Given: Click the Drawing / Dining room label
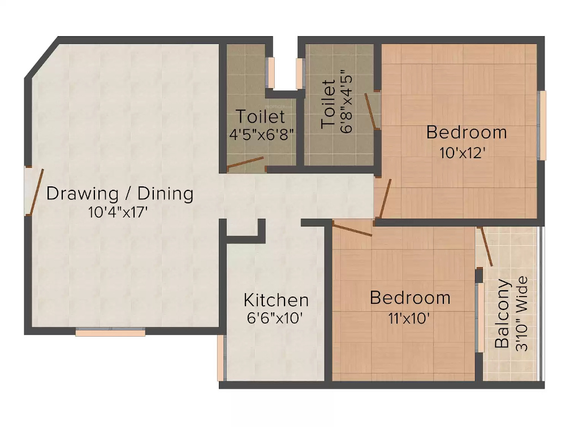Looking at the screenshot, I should tap(120, 194).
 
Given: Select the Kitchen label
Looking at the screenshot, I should tap(276, 299).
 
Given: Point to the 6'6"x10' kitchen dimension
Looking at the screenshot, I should tap(275, 318).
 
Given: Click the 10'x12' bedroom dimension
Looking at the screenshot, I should tap(463, 152).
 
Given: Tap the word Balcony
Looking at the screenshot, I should tap(503, 314).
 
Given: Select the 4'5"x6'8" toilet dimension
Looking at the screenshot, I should tap(260, 135).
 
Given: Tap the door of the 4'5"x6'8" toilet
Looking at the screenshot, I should tap(245, 163).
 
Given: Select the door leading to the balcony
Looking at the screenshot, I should tap(486, 246).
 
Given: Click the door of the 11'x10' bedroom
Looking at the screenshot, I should tap(352, 229).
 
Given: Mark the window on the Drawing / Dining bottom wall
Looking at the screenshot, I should tap(110, 333).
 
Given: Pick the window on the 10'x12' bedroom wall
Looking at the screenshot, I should tap(542, 125).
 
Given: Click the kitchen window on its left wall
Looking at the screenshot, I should tap(221, 358).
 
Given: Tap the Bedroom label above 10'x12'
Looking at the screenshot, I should tap(467, 133).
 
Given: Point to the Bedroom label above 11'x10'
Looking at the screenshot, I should tap(410, 298).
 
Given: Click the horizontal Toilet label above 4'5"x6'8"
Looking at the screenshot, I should tap(260, 117).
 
